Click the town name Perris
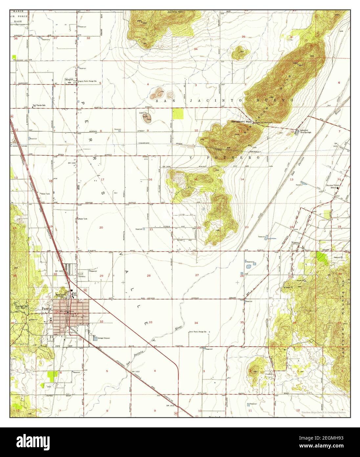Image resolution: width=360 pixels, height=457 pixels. pos(47,309)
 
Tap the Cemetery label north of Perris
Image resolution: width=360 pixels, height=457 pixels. pos(82,277)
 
